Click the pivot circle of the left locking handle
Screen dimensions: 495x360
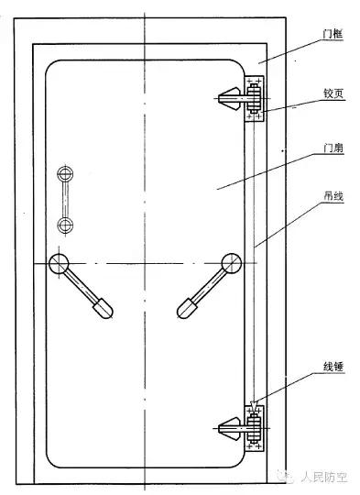point(60,264)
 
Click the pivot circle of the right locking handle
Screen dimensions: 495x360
point(229,264)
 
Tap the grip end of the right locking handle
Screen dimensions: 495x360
point(188,305)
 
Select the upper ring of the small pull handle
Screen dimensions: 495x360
point(65,173)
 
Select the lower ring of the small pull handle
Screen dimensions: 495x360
point(65,225)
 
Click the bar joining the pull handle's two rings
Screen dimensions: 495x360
point(65,199)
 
